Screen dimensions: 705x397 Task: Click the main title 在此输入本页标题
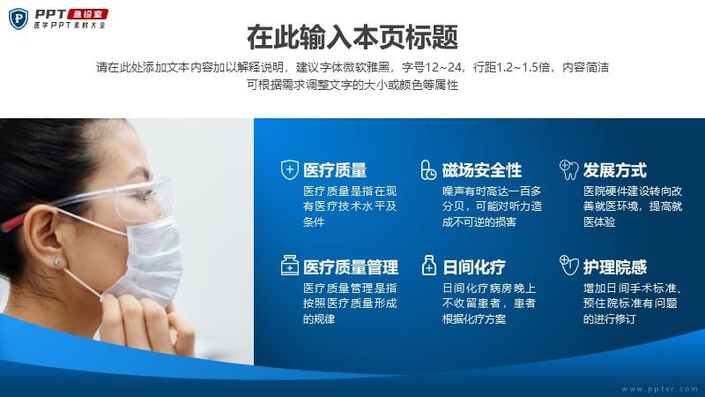click(352, 37)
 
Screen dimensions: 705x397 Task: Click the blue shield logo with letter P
click(19, 19)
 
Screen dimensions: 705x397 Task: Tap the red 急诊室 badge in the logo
click(88, 14)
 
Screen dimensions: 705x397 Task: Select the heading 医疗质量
click(335, 170)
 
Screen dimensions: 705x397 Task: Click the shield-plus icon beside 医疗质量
click(290, 170)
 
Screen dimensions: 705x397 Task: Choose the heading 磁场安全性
click(481, 170)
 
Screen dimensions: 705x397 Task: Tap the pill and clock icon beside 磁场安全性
click(428, 170)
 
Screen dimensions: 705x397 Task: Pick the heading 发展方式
click(614, 170)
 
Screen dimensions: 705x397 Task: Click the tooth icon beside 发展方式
click(568, 169)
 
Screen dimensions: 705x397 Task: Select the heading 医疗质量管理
click(351, 267)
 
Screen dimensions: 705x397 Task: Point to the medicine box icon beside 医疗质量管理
click(290, 266)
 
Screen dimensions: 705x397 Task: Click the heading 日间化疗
click(474, 267)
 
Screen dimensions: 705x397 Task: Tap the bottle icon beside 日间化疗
click(429, 266)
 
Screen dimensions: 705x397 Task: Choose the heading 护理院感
click(614, 267)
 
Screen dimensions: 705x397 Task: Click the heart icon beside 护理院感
click(568, 266)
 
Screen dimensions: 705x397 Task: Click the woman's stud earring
click(58, 261)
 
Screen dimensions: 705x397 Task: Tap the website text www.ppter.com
click(659, 389)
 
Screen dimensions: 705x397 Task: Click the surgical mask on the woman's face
click(148, 260)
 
